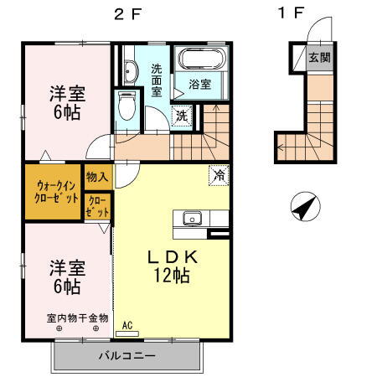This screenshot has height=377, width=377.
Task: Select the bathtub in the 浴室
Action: point(199,60)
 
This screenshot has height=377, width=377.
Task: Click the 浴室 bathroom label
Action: point(199,85)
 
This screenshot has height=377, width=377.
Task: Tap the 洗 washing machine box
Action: point(182,116)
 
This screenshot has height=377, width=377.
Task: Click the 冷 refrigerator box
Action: point(218,176)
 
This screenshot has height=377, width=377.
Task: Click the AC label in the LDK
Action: point(128,325)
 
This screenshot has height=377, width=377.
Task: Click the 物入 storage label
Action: point(96,177)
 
